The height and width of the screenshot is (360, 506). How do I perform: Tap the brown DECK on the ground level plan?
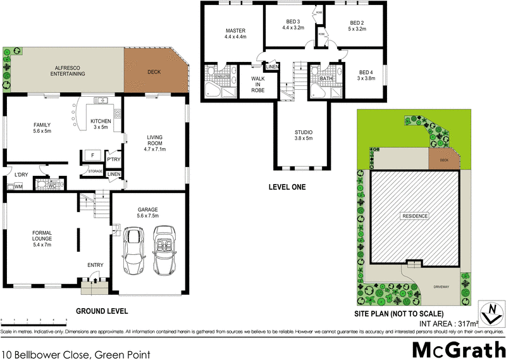154,71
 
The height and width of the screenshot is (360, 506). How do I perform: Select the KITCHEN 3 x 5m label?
101,124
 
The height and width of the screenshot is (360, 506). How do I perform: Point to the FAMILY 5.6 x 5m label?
42,128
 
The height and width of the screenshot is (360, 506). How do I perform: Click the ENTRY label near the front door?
95,265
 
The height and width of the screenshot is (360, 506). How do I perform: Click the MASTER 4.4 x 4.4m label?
235,34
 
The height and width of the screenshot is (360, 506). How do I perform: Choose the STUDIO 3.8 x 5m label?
304,135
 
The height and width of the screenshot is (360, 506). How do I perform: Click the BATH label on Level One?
326,79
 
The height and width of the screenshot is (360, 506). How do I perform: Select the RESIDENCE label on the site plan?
415,216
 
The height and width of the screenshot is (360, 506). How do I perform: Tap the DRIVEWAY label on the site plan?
441,287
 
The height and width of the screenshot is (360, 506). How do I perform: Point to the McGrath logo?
458,349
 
